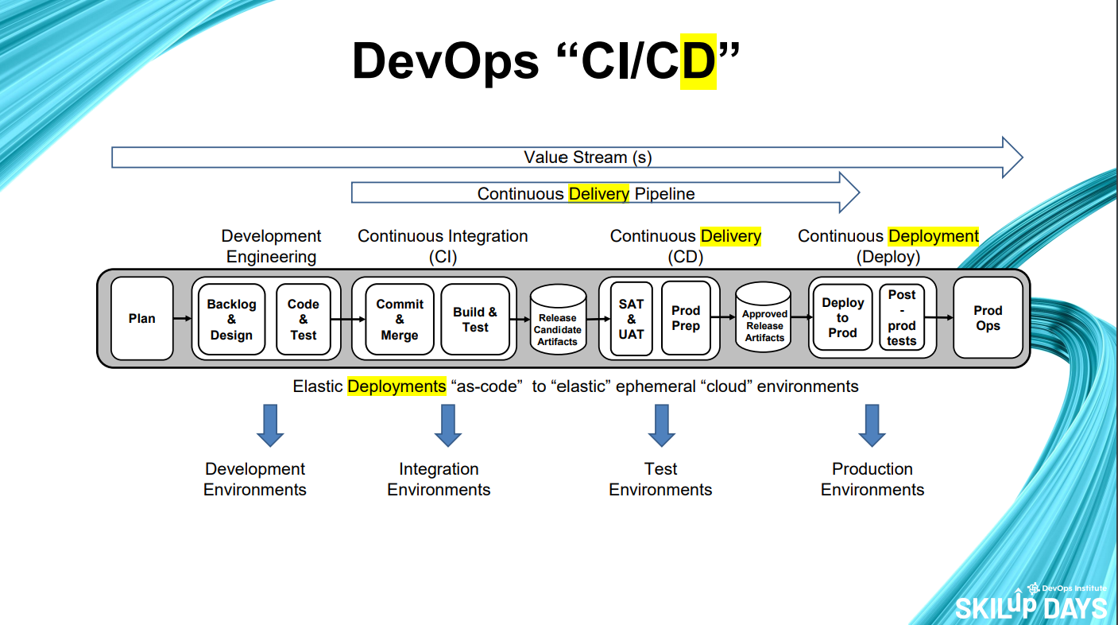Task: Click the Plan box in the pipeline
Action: point(142,318)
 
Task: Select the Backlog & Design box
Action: point(231,319)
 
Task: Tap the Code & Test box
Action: point(303,319)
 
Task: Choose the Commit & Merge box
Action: point(400,319)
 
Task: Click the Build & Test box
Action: point(475,319)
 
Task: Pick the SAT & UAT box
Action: point(631,319)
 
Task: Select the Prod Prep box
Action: point(686,318)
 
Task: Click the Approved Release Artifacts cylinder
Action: point(764,322)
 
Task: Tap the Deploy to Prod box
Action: point(842,318)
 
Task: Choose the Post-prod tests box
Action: point(902,318)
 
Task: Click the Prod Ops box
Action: point(988,318)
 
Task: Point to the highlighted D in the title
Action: point(698,61)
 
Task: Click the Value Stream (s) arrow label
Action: point(588,157)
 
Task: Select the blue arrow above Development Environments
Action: point(270,425)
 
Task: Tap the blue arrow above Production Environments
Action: point(872,425)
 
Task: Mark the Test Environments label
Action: point(660,479)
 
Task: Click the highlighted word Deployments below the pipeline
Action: point(397,386)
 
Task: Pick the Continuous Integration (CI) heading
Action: point(443,246)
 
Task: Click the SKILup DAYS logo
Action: point(1031,604)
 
